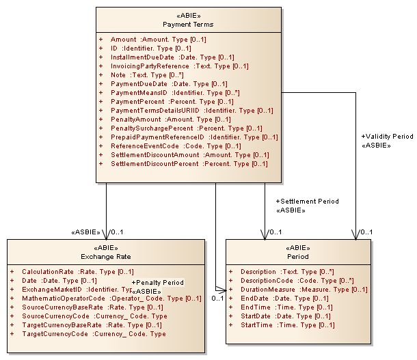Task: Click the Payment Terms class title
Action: coord(187,25)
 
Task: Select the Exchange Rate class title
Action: coord(105,257)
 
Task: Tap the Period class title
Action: coord(298,257)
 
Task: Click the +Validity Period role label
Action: coord(387,137)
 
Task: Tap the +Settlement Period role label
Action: coord(307,202)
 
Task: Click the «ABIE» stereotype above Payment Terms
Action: coord(187,15)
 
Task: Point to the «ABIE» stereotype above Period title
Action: coord(298,248)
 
